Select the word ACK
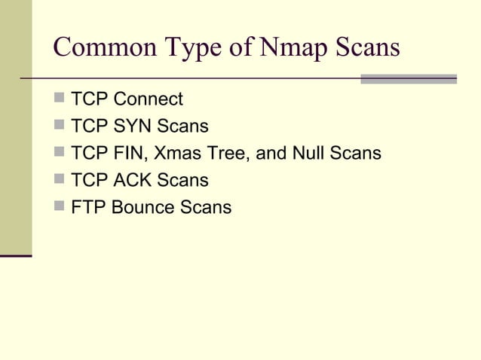[133, 181]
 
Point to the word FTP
[87, 207]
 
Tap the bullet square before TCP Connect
[60, 99]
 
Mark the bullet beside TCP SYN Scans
[60, 126]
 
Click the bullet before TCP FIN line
[60, 153]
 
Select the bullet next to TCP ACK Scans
[60, 180]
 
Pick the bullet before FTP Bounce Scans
[60, 207]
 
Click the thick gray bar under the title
[409, 78]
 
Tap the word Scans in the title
[368, 48]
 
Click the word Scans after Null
[355, 154]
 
